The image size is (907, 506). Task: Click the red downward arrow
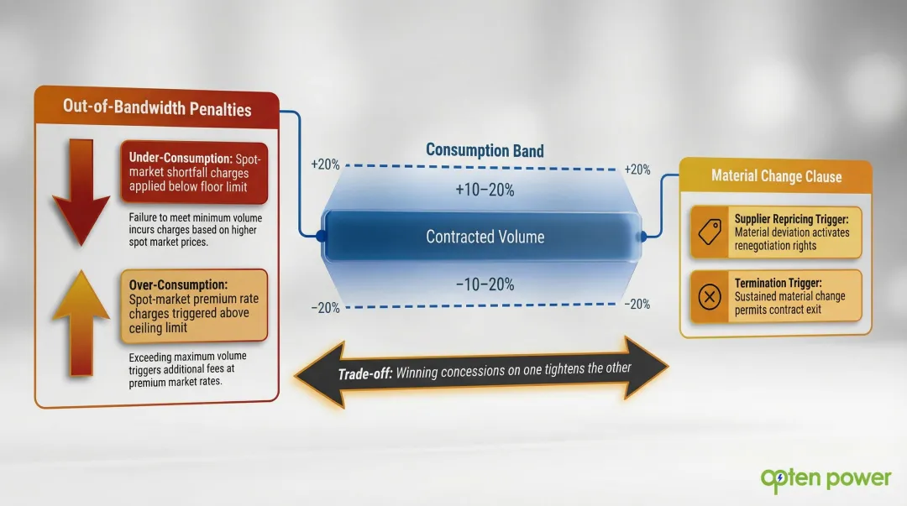click(x=81, y=193)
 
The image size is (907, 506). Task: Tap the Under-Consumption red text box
click(x=194, y=172)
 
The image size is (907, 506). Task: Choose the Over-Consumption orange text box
click(x=194, y=305)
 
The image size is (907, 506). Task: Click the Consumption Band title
click(x=485, y=151)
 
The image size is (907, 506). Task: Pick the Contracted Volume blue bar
click(x=485, y=237)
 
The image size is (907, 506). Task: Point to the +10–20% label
click(x=485, y=190)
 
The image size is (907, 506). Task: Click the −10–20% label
click(x=485, y=285)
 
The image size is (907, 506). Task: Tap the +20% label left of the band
click(x=325, y=164)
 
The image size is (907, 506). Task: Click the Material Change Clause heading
click(x=776, y=176)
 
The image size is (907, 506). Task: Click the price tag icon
click(x=710, y=232)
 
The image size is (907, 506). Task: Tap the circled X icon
click(x=710, y=296)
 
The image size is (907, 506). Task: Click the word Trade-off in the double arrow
click(x=364, y=374)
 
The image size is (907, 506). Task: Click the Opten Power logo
click(x=826, y=478)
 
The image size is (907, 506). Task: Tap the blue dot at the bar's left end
click(x=322, y=237)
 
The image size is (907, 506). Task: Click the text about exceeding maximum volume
click(x=188, y=369)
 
